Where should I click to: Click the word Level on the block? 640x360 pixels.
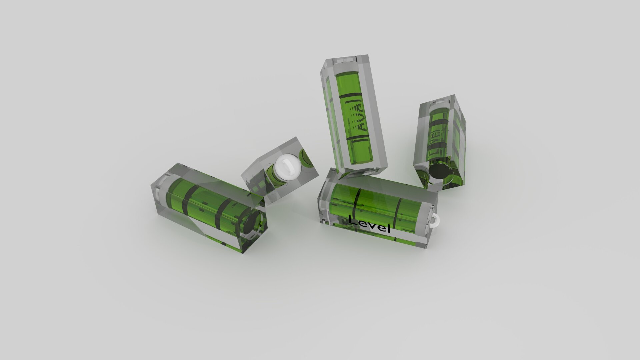coord(369,225)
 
